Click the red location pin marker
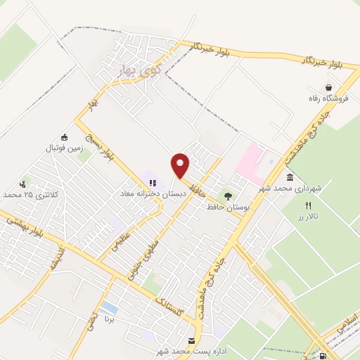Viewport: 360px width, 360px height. click(x=180, y=165)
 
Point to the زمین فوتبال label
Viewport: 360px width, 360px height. click(x=65, y=148)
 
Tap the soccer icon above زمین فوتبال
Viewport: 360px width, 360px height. click(x=65, y=136)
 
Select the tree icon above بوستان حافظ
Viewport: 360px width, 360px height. click(x=226, y=195)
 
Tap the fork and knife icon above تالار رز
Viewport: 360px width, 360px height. click(x=307, y=205)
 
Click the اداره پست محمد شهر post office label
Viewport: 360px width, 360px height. click(x=193, y=350)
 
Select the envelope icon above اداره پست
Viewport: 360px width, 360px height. click(x=192, y=340)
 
